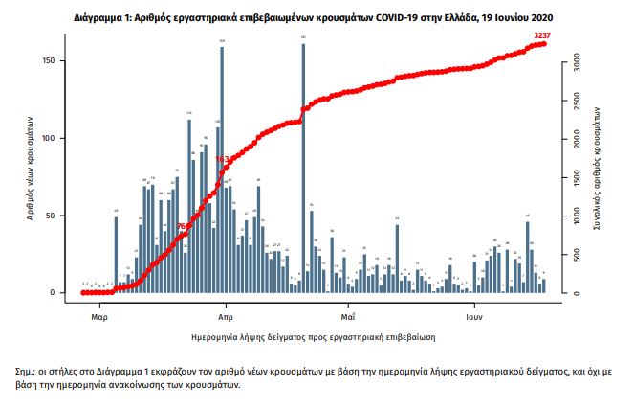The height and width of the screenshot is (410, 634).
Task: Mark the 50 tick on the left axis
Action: tap(59, 216)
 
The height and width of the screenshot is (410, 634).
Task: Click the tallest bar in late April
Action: tap(303, 168)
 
